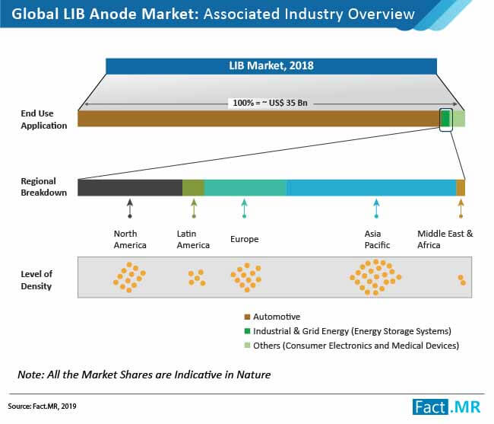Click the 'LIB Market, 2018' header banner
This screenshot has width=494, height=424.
click(x=271, y=66)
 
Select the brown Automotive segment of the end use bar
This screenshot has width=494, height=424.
click(x=258, y=119)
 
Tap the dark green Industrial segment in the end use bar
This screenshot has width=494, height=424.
click(x=445, y=119)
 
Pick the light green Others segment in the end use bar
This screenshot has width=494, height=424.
click(x=459, y=119)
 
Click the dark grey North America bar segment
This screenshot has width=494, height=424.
click(x=130, y=188)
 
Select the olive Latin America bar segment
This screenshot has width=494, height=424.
click(x=194, y=188)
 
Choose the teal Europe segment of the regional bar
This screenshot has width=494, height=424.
click(x=245, y=188)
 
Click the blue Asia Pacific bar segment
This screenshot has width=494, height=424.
click(x=372, y=188)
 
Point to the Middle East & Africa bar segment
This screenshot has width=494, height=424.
click(x=461, y=188)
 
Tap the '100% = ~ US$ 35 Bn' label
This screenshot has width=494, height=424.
click(x=270, y=103)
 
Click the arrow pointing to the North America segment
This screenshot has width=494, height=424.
click(x=130, y=209)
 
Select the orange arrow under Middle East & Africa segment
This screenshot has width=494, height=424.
click(x=461, y=209)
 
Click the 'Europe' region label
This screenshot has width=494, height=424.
click(x=245, y=239)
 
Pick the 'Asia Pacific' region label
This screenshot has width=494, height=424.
click(x=377, y=240)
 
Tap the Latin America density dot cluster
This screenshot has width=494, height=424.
click(x=197, y=278)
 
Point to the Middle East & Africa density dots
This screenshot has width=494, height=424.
click(x=462, y=280)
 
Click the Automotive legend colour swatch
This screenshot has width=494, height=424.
click(x=247, y=317)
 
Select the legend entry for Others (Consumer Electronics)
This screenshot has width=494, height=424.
click(x=352, y=346)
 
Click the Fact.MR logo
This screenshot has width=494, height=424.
click(x=446, y=407)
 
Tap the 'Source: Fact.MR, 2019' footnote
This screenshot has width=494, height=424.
click(x=42, y=406)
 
